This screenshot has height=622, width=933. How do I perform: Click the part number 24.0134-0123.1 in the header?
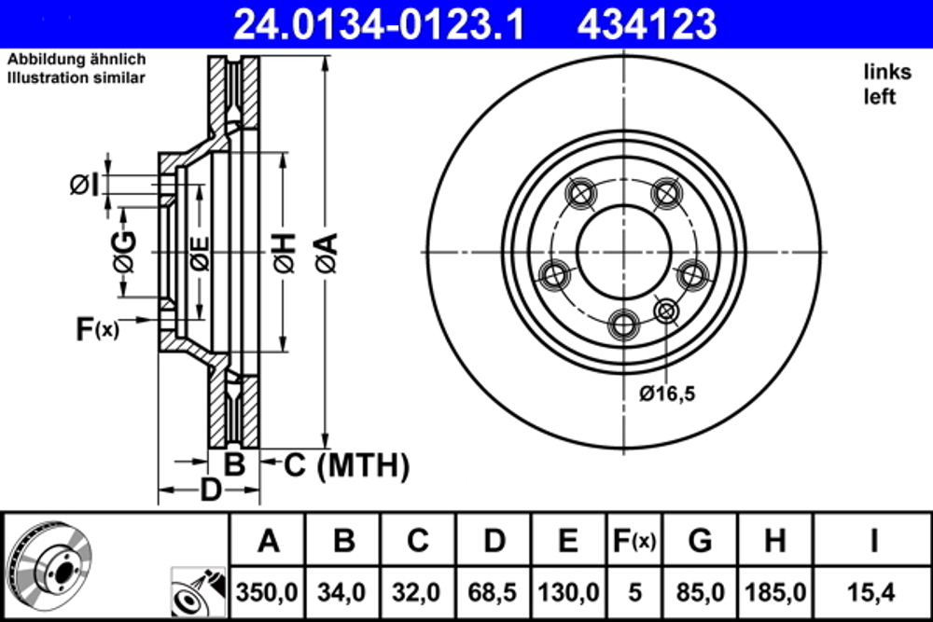point(378,22)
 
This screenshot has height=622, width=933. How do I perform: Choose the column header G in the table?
point(700,541)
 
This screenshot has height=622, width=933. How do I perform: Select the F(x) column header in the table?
point(632,541)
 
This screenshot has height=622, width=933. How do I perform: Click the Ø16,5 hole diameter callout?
point(667,394)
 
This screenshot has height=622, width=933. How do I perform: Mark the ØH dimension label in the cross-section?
point(284,253)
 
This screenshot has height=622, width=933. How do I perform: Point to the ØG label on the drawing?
point(124,253)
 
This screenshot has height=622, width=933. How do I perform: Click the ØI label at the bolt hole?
point(85,185)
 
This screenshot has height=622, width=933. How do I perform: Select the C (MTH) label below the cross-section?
point(346,464)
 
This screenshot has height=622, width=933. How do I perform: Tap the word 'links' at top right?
point(886,72)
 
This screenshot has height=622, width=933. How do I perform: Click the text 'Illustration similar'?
point(77,78)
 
